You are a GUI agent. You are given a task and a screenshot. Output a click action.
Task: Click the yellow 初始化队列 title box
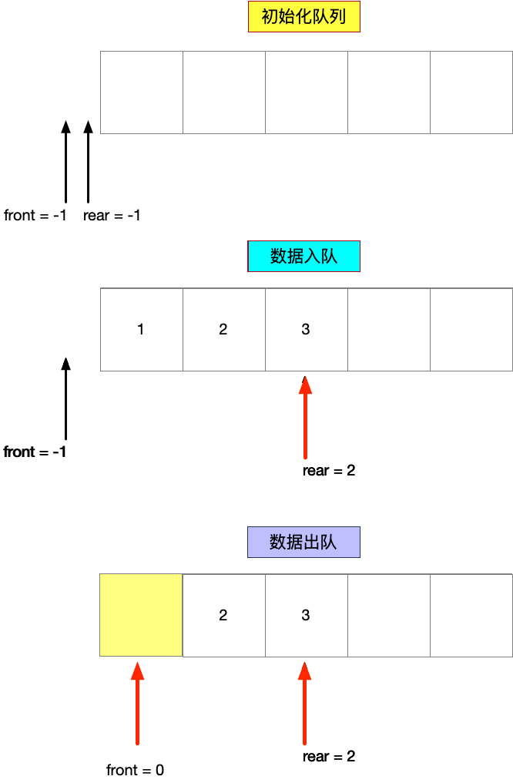point(303,17)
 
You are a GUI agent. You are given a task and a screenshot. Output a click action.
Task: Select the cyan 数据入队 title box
point(303,256)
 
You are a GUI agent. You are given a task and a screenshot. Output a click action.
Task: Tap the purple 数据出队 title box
point(303,542)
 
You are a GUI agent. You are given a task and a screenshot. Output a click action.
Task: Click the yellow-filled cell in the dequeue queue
point(141,615)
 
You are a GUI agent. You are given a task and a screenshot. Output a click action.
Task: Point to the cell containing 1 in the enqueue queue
point(141,329)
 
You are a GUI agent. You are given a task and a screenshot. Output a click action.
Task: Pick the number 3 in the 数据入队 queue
point(306,329)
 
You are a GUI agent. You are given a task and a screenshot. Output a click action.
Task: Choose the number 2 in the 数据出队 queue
point(223,615)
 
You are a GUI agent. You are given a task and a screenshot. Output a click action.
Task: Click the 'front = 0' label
point(135,770)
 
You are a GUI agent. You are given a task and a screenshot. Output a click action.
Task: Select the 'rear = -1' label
point(112,216)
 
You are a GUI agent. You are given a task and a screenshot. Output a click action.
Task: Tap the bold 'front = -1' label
point(35,452)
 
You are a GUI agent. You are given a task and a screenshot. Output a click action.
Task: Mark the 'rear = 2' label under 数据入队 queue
point(329,470)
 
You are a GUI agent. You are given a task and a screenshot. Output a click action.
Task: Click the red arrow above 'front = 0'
point(137,703)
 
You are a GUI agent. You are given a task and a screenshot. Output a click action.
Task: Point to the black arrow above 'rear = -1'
point(88,162)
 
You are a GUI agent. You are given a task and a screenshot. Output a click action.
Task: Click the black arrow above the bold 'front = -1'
point(65,398)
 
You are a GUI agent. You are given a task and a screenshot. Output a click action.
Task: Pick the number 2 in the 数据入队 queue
point(223,329)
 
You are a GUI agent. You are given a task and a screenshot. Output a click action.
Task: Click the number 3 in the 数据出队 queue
point(306,615)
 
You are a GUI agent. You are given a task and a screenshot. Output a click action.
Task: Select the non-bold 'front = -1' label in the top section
point(35,216)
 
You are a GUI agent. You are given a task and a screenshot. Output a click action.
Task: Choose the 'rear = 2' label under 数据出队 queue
point(329,757)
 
